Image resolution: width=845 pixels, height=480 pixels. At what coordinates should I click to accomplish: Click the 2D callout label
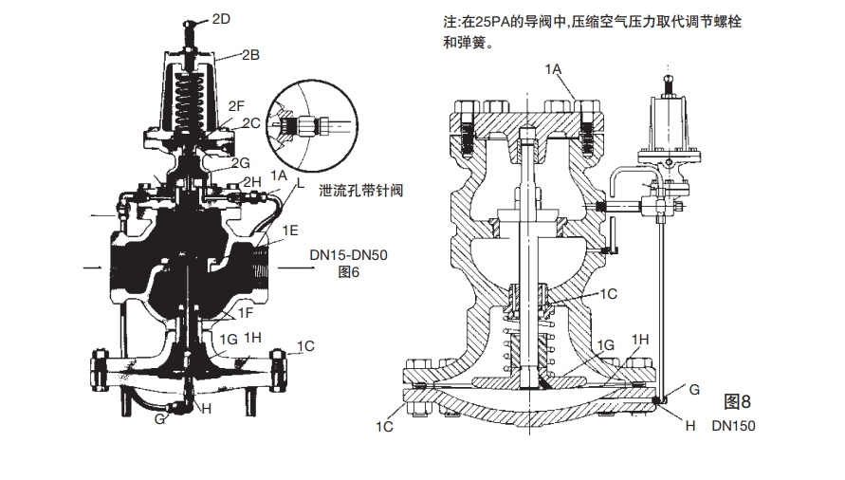click(x=220, y=18)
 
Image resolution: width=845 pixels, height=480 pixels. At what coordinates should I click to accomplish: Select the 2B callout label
click(x=250, y=55)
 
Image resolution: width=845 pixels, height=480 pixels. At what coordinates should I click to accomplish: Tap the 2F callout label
click(x=238, y=107)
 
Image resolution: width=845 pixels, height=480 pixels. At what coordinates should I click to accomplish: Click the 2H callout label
click(x=251, y=181)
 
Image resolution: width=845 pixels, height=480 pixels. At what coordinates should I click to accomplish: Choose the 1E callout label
click(x=290, y=230)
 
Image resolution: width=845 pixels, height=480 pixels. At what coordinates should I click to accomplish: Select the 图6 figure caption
click(x=351, y=271)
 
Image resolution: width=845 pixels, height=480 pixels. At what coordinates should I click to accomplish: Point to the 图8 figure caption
click(x=737, y=399)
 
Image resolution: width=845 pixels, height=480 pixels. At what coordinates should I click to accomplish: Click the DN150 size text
click(x=734, y=426)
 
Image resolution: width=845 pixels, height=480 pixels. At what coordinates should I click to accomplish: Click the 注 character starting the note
click(x=423, y=21)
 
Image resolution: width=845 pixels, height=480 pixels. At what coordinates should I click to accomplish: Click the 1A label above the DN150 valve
click(x=554, y=69)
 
